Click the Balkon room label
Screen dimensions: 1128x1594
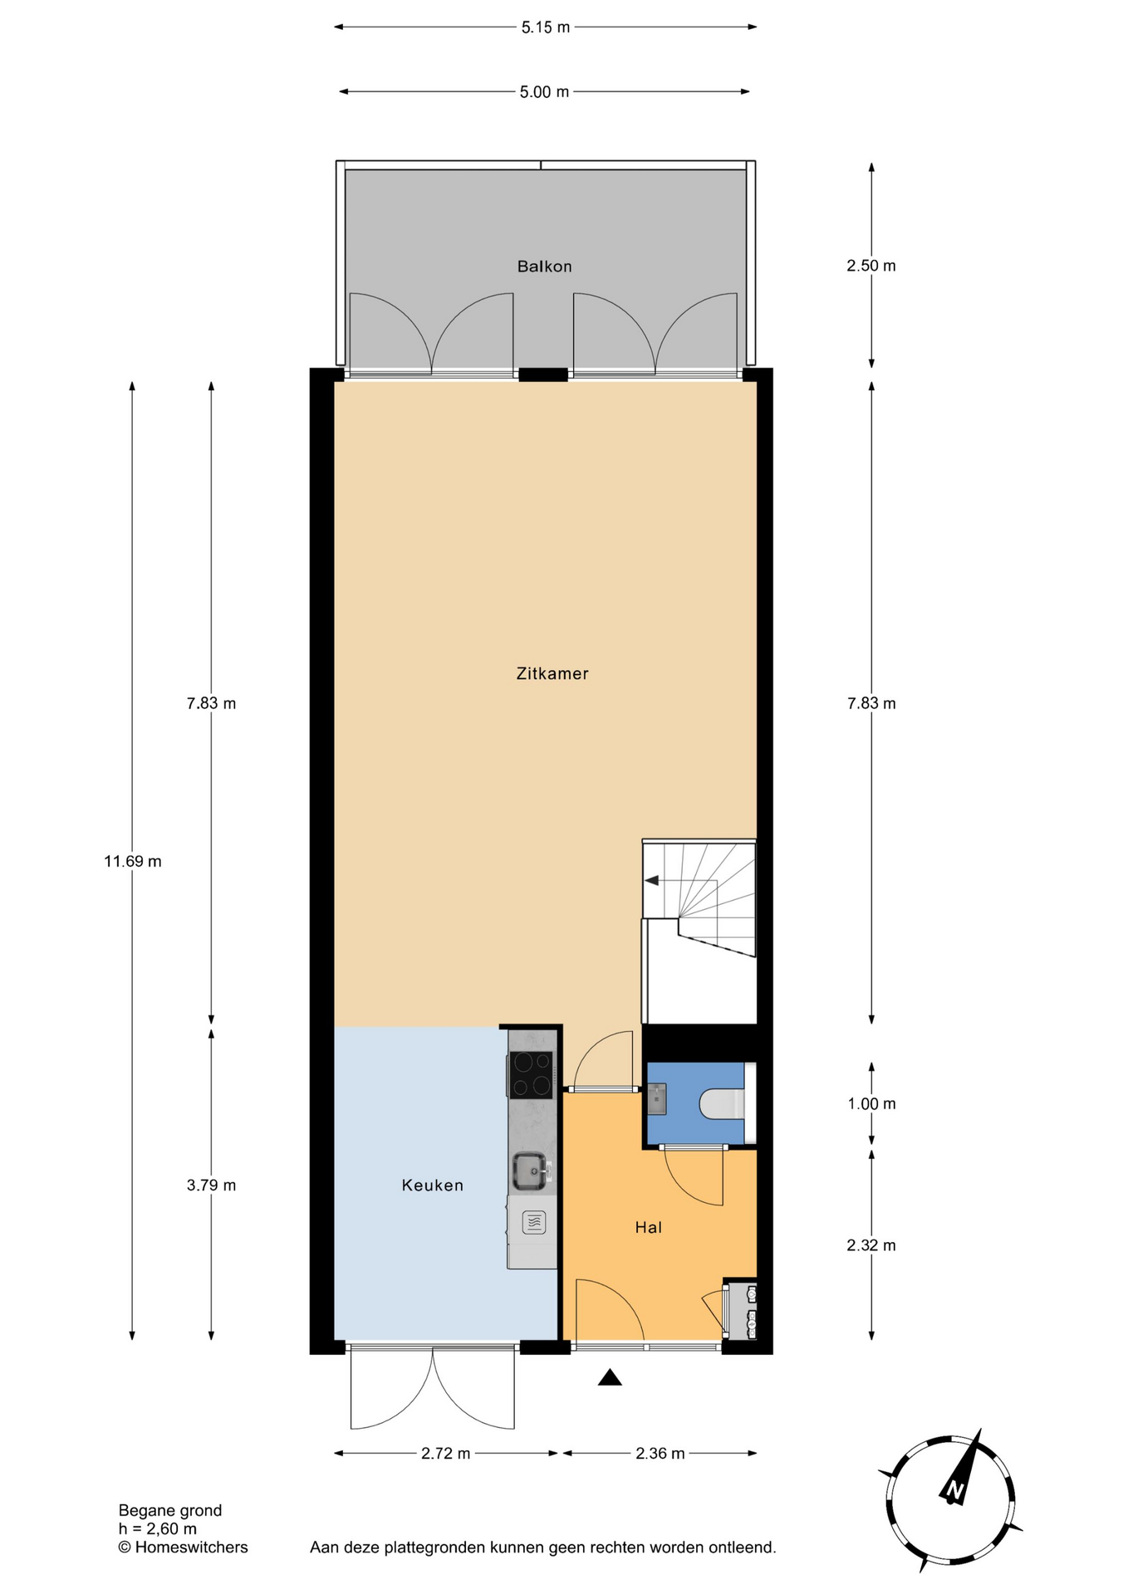[x=544, y=266]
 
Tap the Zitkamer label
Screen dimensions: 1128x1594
[x=552, y=673]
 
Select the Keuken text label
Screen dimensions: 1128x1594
[x=432, y=1186]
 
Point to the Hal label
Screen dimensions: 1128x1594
[x=648, y=1227]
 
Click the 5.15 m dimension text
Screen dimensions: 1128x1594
[x=546, y=27]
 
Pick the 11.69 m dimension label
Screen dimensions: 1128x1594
[x=133, y=862]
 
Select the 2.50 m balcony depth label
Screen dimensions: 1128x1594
[x=871, y=266]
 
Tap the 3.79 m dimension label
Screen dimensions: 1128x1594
[x=211, y=1186]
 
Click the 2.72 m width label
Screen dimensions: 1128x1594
[x=445, y=1454]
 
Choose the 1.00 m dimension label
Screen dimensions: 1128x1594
[x=871, y=1104]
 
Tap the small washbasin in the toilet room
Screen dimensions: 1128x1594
[x=656, y=1098]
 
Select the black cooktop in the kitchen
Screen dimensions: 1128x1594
[x=531, y=1075]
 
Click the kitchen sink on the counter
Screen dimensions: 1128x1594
[x=530, y=1171]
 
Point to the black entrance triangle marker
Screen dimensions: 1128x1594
[x=610, y=1378]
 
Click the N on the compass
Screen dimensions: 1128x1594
[x=954, y=1491]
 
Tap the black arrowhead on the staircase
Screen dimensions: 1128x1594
[x=652, y=880]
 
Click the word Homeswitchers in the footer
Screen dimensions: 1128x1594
[x=191, y=1548]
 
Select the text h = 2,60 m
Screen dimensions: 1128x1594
[x=158, y=1529]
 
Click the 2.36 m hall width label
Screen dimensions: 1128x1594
[x=660, y=1454]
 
